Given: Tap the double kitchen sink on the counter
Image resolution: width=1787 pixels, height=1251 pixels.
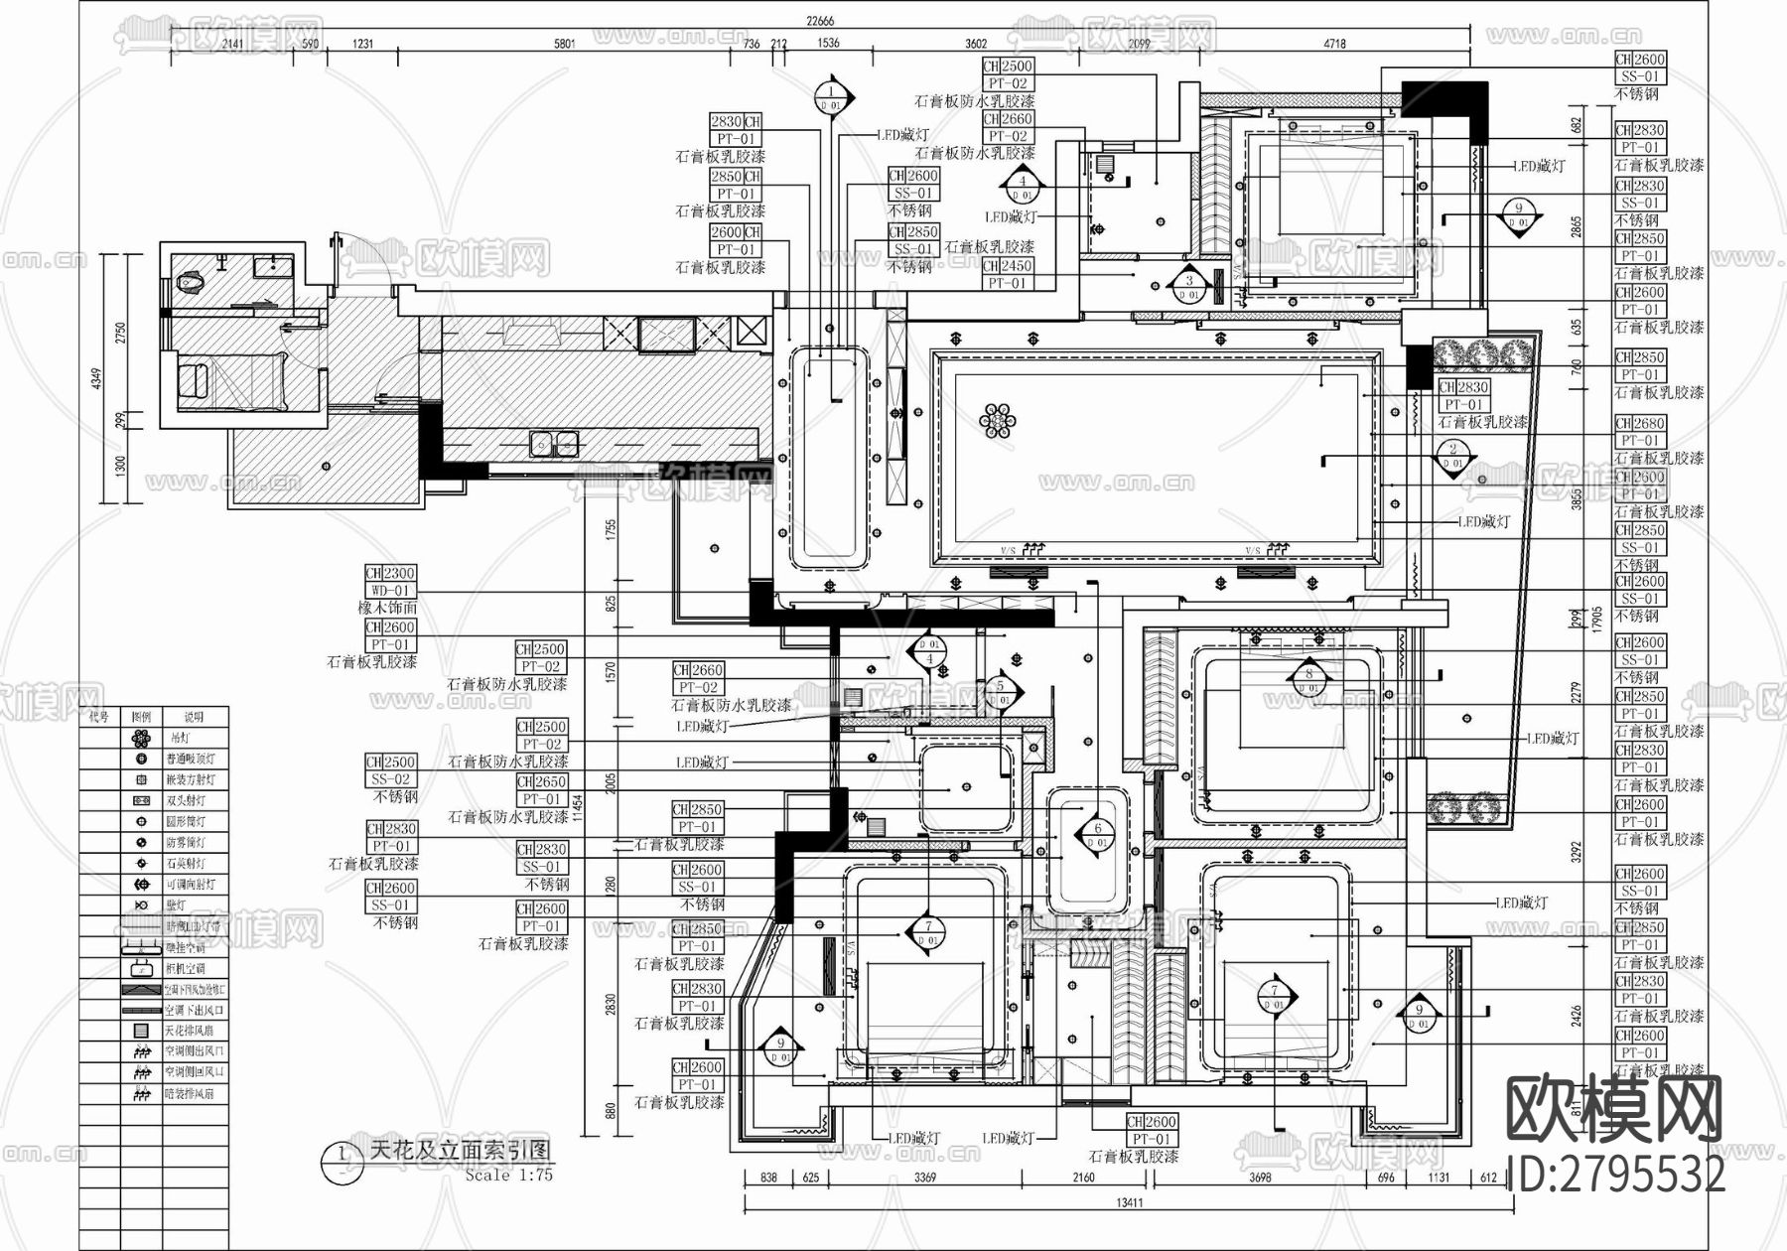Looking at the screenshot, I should pyautogui.click(x=553, y=443).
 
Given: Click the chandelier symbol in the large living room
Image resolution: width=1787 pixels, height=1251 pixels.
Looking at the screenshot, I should pyautogui.click(x=999, y=421).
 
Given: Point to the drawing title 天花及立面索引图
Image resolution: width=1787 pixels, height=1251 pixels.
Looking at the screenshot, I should pyautogui.click(x=458, y=1151).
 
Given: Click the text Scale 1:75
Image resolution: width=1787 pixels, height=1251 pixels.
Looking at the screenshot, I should pyautogui.click(x=508, y=1175).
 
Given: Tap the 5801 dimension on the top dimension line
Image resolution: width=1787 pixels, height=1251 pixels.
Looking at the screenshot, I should pyautogui.click(x=564, y=44).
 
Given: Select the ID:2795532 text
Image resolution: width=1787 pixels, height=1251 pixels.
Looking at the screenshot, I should pyautogui.click(x=1616, y=1176).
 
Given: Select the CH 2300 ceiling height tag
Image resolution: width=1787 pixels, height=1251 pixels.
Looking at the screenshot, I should pyautogui.click(x=390, y=573).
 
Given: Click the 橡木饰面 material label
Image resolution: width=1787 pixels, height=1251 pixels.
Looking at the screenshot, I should pyautogui.click(x=388, y=608).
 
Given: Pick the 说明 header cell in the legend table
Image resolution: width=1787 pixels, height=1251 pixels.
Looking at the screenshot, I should pyautogui.click(x=194, y=716).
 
